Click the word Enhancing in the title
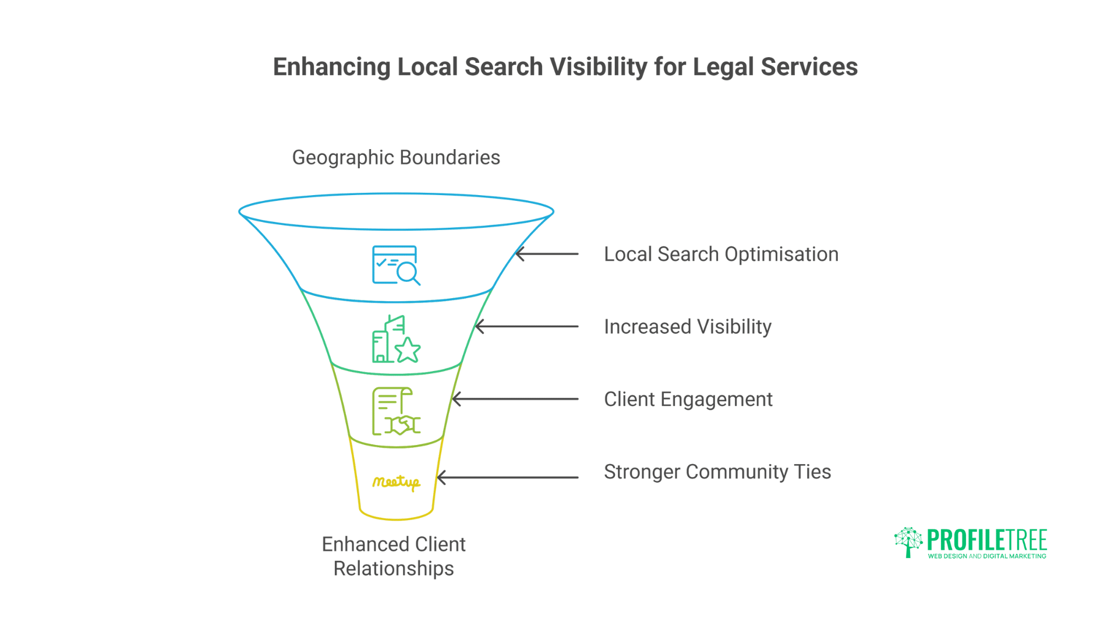[x=331, y=67]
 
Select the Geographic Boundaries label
[x=396, y=158]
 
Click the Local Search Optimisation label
[x=721, y=255]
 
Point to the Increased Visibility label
[x=688, y=327]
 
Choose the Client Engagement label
[x=688, y=400]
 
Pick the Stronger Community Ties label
[x=717, y=472]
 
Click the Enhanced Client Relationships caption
[x=394, y=556]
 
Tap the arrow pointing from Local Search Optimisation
[x=547, y=254]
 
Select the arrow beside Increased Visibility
[x=526, y=327]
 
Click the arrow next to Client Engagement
[x=515, y=399]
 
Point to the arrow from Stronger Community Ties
[x=507, y=478]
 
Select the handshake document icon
[x=396, y=412]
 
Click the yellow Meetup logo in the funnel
[x=396, y=482]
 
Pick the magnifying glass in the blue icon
[x=408, y=273]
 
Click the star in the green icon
[x=408, y=350]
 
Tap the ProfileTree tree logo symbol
[x=908, y=542]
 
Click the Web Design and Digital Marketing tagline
[x=987, y=556]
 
